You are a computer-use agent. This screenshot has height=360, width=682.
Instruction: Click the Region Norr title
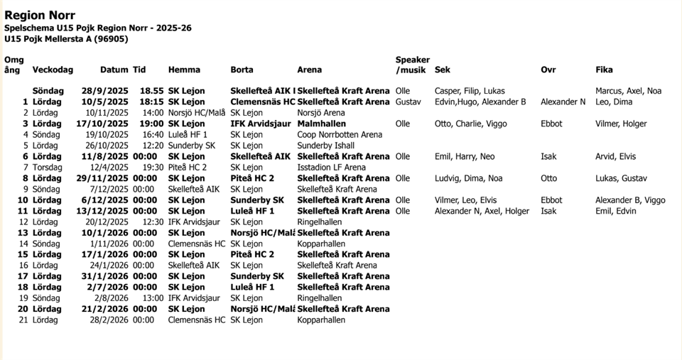tap(40, 15)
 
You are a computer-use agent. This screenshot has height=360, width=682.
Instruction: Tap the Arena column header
tap(309, 70)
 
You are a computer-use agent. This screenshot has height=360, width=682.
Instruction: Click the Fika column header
tap(604, 70)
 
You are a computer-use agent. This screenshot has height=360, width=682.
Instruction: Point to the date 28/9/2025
tap(104, 91)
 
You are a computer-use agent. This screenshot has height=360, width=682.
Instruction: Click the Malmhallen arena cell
tap(318, 124)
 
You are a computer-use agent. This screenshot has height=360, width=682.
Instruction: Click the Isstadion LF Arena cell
tap(331, 167)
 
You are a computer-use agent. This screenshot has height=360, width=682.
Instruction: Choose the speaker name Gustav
tap(408, 102)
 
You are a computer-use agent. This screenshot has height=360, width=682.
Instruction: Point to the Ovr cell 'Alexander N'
tap(563, 102)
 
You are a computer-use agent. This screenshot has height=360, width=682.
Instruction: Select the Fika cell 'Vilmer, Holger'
tap(621, 124)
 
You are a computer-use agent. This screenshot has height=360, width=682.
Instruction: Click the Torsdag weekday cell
tap(48, 167)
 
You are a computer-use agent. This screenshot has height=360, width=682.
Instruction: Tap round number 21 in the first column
tap(23, 320)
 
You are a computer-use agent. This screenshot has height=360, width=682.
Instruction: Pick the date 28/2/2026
tap(109, 320)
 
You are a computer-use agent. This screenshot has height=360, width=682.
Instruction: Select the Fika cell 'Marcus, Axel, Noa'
tap(628, 91)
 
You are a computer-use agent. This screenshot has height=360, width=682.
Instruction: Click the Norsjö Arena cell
tap(321, 112)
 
